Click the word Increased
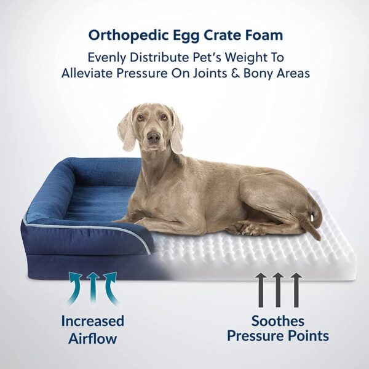[x=92, y=320]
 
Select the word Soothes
[x=277, y=320]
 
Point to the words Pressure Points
[x=277, y=336]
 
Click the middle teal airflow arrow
[x=93, y=289]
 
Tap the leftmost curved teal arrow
[x=75, y=289]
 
